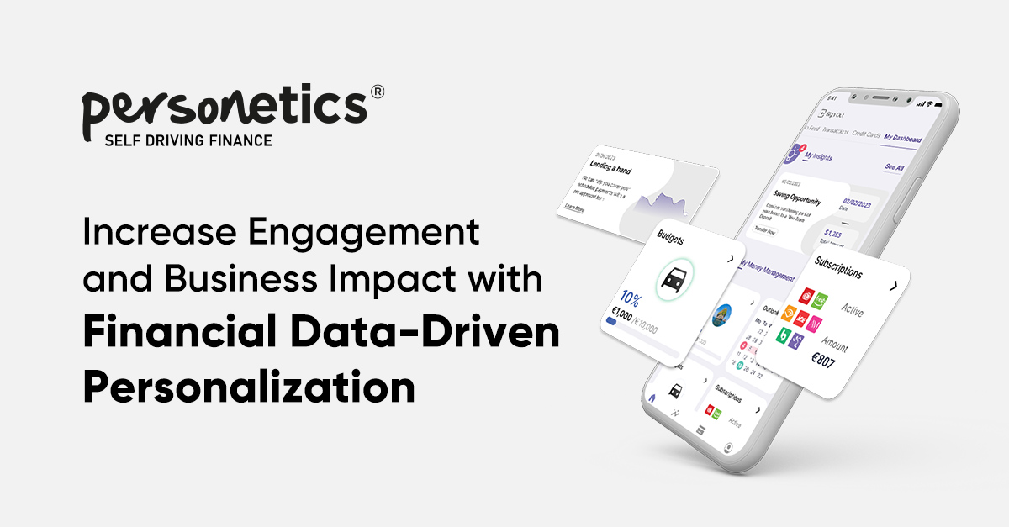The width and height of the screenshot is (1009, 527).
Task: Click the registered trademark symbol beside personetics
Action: point(377,92)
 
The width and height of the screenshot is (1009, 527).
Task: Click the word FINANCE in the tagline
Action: point(239,140)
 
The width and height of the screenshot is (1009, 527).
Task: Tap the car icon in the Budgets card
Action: point(675,278)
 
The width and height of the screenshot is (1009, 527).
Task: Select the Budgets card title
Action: point(675,240)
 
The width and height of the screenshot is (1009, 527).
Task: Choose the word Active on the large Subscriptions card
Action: point(851,311)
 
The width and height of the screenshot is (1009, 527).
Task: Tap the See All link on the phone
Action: point(894,167)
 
